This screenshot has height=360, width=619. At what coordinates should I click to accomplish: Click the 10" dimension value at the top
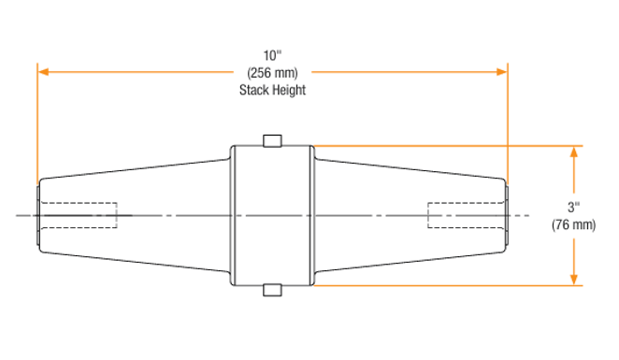point(272,54)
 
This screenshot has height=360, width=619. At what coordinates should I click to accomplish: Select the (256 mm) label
point(272,72)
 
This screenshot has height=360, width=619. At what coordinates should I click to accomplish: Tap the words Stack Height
point(272,90)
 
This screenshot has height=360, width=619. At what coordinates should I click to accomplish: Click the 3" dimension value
point(573,206)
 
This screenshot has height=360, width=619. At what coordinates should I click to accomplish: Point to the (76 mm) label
point(573,224)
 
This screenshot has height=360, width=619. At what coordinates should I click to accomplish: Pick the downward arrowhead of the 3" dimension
point(573,280)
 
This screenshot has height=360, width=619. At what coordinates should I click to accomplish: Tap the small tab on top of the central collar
point(272,140)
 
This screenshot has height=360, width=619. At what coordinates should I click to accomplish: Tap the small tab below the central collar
point(272,290)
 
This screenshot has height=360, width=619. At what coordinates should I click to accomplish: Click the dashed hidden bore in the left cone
point(79,215)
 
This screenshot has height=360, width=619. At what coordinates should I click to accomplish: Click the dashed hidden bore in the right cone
point(465,215)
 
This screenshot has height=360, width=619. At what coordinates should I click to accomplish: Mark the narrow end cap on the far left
point(36,215)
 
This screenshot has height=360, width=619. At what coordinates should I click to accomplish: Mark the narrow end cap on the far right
point(508,215)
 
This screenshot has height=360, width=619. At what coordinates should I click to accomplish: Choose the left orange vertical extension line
point(37,122)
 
